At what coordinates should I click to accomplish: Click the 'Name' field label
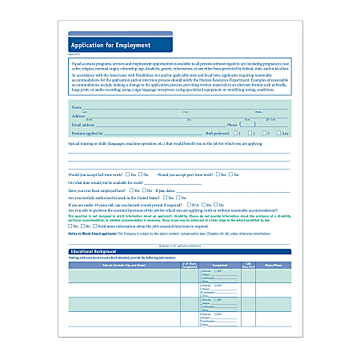click(77, 106)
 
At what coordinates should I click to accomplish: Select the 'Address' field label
click(78, 115)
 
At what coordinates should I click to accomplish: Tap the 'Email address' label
click(84, 125)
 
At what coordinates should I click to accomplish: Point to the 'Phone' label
click(231, 125)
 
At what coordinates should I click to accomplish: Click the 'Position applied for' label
click(88, 133)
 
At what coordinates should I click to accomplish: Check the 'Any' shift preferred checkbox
click(277, 133)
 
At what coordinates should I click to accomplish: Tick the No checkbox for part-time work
click(230, 174)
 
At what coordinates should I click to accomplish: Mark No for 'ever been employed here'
click(148, 190)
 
